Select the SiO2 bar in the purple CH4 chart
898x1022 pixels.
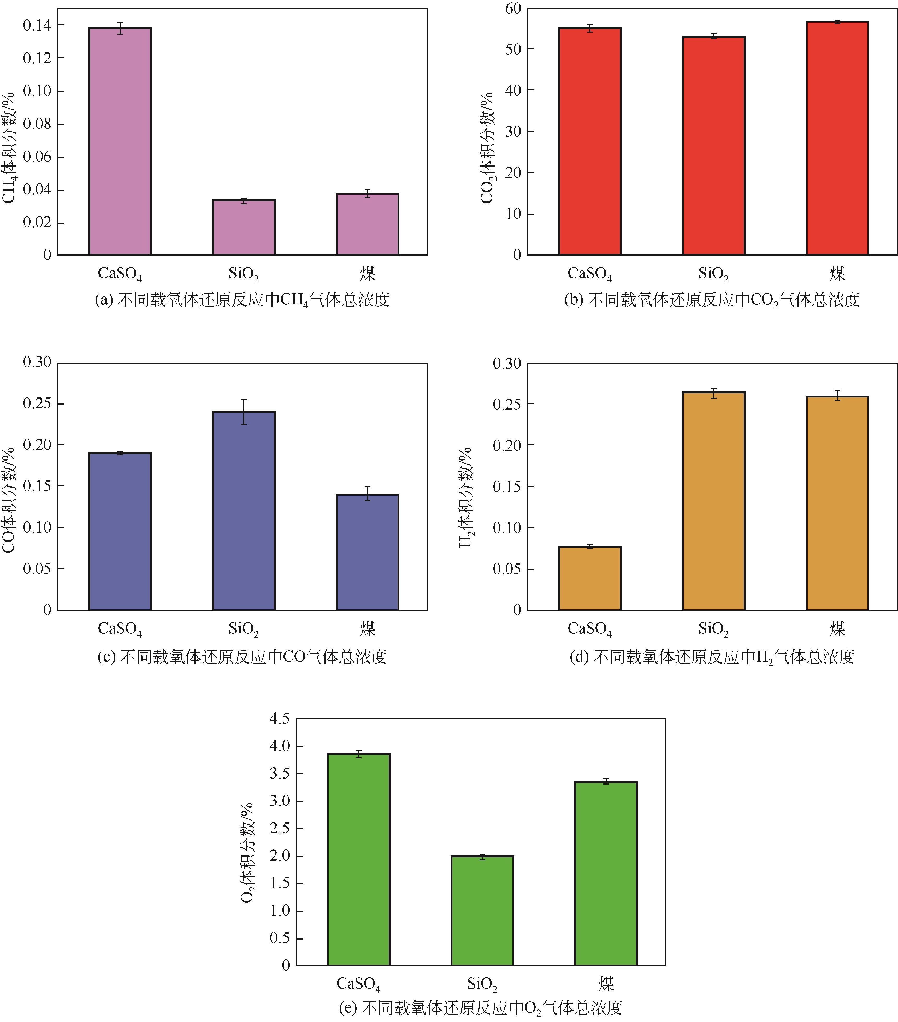(244, 228)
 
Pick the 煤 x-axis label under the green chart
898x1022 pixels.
(606, 983)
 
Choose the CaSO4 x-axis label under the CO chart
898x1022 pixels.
(120, 628)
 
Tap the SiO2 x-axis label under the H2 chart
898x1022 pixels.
(713, 628)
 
